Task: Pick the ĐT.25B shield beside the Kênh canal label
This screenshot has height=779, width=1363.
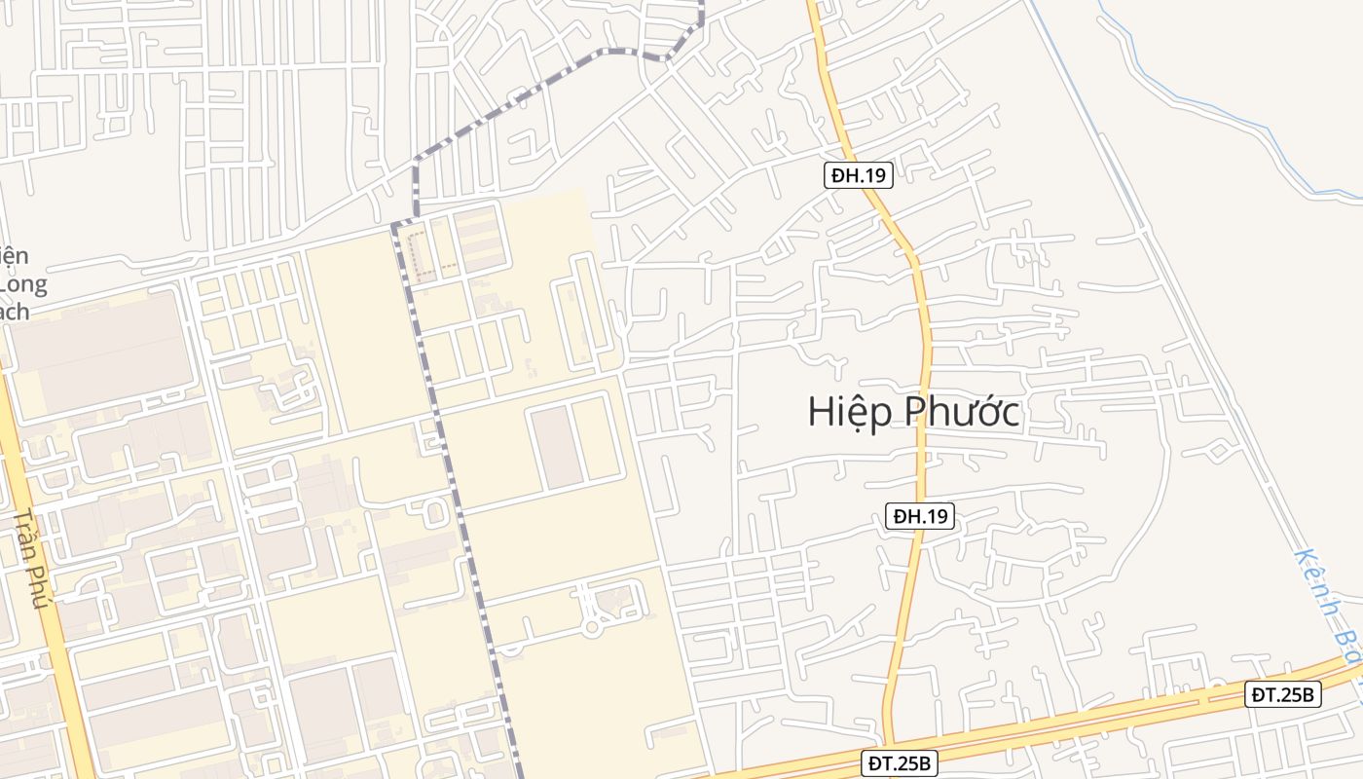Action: (1282, 694)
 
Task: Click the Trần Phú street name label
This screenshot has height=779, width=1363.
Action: (31, 559)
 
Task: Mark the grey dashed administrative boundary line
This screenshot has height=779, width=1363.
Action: (458, 487)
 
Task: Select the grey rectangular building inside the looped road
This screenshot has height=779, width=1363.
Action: (557, 448)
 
